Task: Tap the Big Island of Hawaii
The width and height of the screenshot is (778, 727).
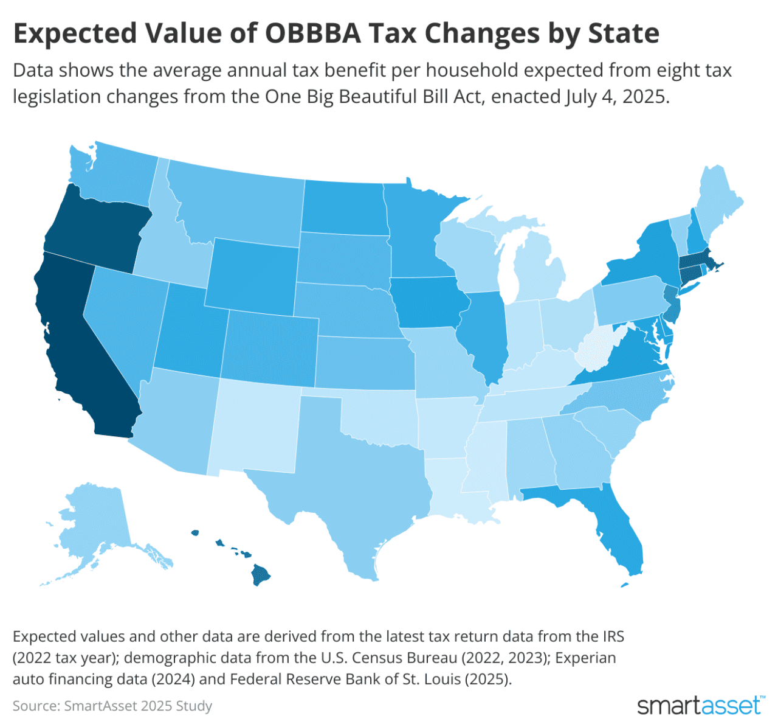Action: (262, 574)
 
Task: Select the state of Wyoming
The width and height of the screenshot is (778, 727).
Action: (252, 274)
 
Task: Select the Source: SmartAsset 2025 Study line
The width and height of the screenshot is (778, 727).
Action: (112, 706)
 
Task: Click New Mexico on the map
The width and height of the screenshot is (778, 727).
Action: (255, 426)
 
